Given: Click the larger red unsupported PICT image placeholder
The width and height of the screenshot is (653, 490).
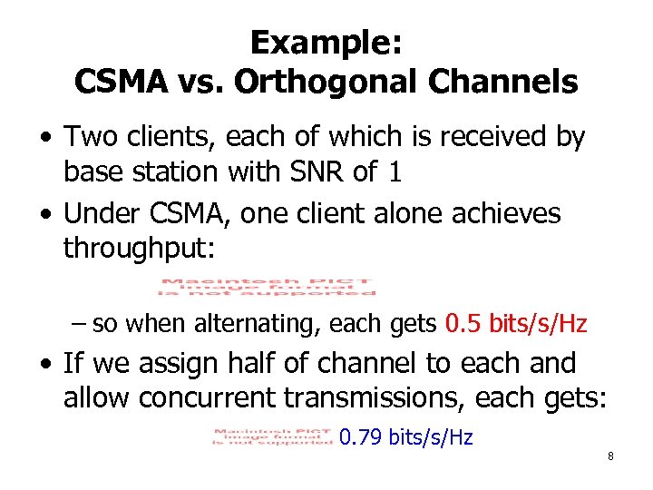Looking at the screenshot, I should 268,286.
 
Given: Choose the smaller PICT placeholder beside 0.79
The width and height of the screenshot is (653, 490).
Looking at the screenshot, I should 273,436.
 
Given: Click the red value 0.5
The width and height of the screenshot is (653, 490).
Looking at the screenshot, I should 463,324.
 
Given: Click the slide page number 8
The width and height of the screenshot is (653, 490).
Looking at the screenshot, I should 610,456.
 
